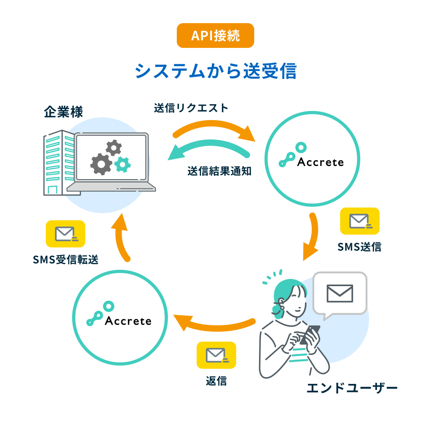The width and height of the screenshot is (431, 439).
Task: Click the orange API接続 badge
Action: point(215,36)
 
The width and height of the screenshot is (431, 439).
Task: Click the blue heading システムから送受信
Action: point(215,71)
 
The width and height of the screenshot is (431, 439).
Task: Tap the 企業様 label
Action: point(63,112)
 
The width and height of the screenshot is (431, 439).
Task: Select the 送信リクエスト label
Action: point(191,108)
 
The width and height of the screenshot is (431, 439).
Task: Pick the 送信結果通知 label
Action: point(219,171)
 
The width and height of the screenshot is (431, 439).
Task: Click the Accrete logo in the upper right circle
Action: point(311,155)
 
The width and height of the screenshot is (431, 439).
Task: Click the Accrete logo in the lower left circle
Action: point(119,314)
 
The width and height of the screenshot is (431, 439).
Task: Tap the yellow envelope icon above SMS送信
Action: point(360,221)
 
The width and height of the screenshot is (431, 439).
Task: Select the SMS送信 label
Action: point(359,247)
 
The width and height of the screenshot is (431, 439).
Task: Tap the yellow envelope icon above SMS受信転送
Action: point(65,234)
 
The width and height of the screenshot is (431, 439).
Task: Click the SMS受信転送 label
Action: point(66,259)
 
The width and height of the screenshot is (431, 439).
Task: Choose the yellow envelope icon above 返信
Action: point(216,355)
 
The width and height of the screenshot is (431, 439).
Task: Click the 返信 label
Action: point(216,381)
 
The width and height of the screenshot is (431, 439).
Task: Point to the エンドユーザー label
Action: point(352,388)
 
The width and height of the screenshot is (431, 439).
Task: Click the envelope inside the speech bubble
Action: point(340,293)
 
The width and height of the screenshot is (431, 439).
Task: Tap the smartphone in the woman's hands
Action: point(310,334)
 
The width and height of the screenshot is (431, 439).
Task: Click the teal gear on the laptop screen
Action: point(123,164)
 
